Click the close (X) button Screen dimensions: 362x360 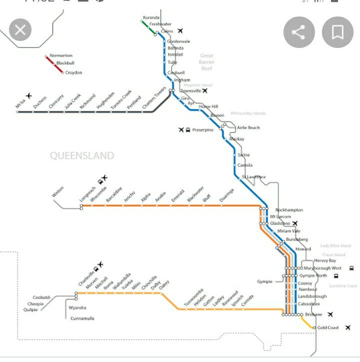pos(20,30)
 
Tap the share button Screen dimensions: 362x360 pos(298,33)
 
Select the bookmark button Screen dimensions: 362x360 pos(337,33)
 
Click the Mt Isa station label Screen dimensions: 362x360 pos(21,103)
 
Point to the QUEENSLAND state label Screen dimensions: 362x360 pos(81,156)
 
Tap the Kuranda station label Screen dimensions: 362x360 pos(151,17)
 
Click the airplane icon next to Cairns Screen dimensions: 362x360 pos(180,31)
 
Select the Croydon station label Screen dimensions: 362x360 pos(73,73)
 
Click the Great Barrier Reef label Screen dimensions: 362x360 pos(206,62)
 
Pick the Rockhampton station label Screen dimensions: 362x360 pos(289,210)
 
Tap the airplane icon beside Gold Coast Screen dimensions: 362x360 pos(348,328)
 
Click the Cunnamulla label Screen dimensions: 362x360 pos(82,319)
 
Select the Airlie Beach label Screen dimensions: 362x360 pos(248,128)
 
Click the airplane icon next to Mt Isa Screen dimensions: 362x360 pos(29,95)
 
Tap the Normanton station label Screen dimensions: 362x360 pos(61,55)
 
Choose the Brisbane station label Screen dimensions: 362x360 pos(313,315)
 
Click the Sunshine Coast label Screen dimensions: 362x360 pos(343,286)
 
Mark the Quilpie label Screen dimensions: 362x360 pos(30,310)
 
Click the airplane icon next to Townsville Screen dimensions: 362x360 pos(204,91)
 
